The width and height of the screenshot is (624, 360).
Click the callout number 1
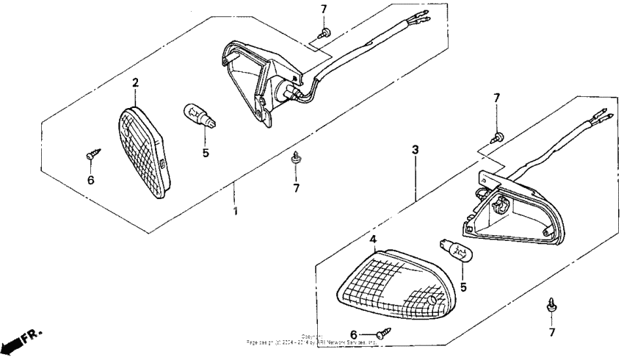(x=235, y=212)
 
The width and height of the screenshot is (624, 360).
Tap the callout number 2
(x=135, y=83)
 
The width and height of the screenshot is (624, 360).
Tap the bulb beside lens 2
(x=198, y=116)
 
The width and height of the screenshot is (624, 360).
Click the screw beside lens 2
(x=93, y=154)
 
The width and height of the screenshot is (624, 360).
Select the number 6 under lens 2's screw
(x=90, y=180)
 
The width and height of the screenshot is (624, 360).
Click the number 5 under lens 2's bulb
(x=206, y=154)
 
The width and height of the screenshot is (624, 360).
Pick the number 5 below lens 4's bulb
(x=462, y=287)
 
